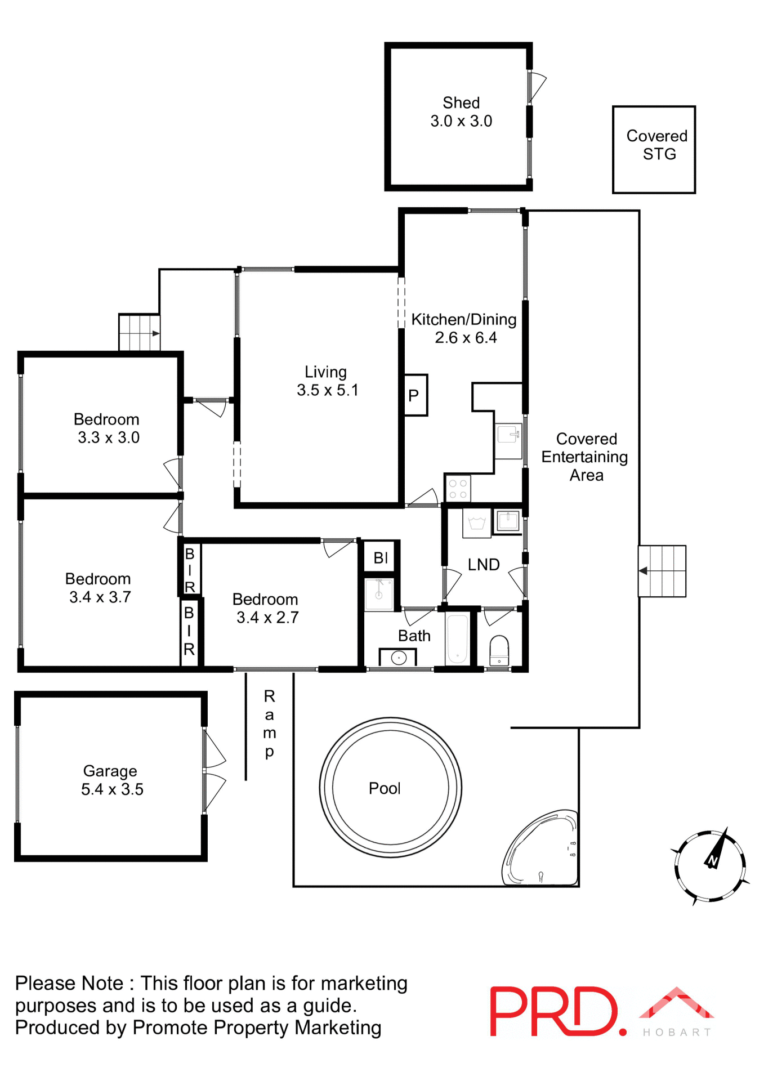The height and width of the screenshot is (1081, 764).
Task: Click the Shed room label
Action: (461, 103)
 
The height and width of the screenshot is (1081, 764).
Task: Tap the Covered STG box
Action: (654, 150)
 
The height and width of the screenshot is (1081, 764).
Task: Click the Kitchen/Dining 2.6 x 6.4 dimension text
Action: (466, 338)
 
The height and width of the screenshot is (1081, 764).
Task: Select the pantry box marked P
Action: (415, 395)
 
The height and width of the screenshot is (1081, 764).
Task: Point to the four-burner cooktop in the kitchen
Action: (458, 489)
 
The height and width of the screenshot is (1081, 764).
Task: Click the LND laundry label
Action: (484, 565)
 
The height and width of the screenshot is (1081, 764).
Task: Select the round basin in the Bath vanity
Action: (399, 658)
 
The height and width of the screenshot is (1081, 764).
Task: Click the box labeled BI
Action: (381, 558)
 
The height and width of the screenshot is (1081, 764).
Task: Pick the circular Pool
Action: (390, 787)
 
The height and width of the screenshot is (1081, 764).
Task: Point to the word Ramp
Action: (269, 723)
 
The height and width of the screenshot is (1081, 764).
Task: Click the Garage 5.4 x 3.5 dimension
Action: (112, 789)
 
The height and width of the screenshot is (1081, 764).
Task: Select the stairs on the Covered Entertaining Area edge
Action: (662, 571)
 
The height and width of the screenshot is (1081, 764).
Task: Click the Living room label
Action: (325, 372)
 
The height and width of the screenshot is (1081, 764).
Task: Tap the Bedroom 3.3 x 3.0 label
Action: (107, 428)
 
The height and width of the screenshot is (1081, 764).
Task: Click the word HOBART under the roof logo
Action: (677, 1032)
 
